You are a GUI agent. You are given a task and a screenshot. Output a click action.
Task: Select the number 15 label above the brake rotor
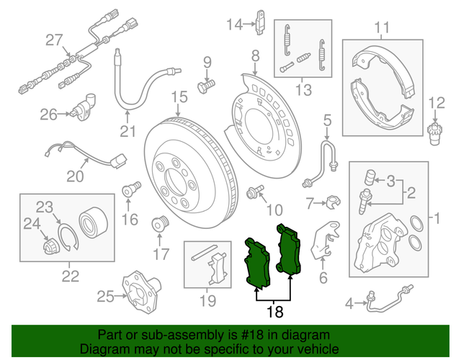179,98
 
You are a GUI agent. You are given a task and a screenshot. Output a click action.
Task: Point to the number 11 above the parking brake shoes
382,28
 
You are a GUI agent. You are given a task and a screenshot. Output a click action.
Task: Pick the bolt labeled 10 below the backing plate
254,192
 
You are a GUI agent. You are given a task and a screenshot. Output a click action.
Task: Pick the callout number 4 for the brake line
350,305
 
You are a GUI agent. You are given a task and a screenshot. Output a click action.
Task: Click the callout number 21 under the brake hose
127,131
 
